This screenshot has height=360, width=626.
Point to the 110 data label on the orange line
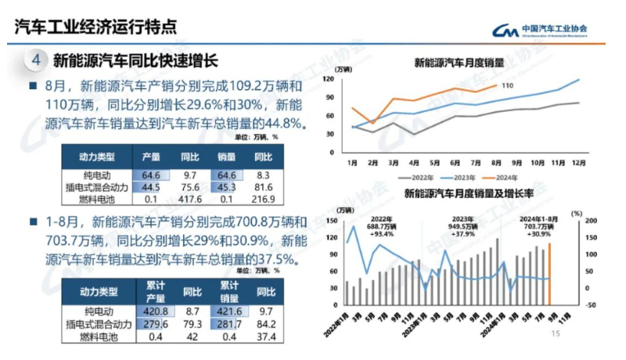pyautogui.click(x=507, y=85)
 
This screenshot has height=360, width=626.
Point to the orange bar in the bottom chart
pyautogui.click(x=549, y=274)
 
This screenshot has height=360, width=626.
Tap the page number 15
pyautogui.click(x=557, y=333)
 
